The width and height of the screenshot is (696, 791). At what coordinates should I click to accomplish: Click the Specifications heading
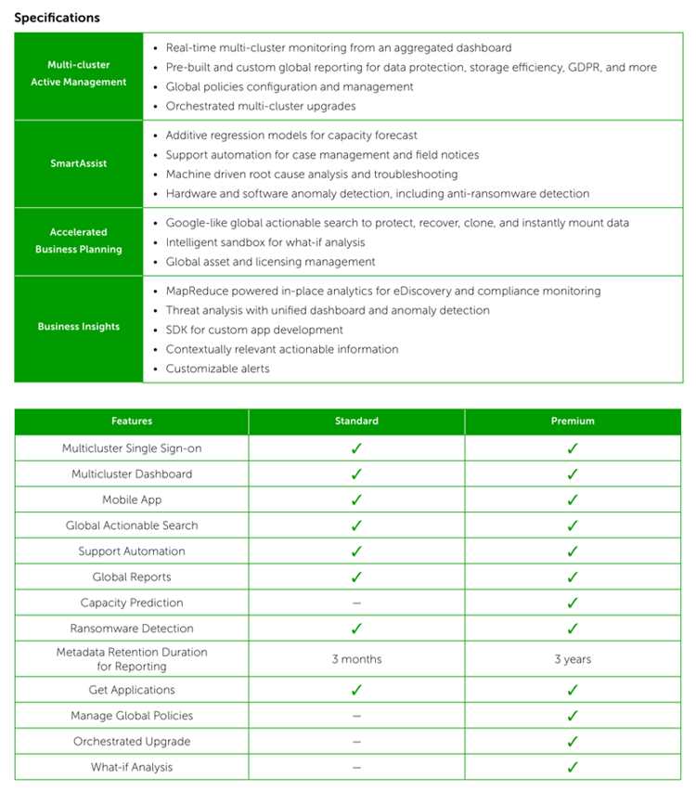coord(57,18)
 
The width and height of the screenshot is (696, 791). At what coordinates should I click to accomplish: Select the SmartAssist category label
coord(79,163)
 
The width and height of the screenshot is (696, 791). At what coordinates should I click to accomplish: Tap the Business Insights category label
coord(79,327)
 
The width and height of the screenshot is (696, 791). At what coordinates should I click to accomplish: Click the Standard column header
coord(356,421)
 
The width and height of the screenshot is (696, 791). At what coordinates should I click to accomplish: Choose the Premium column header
coord(573,421)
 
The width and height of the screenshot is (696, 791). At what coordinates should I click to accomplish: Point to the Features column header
coord(132,421)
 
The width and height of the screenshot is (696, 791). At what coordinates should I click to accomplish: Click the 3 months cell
coord(356,659)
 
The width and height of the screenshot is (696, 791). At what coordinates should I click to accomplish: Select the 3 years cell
coord(573,659)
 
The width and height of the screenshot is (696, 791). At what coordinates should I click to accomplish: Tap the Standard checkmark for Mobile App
coord(356,499)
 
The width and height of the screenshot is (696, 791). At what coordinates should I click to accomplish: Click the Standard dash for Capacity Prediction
coord(356,603)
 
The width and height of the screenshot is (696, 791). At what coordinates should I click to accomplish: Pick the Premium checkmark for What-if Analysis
coord(573,767)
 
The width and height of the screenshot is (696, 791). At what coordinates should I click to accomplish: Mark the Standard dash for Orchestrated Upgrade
coord(356,742)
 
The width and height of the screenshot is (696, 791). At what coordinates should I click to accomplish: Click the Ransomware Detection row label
coord(132,629)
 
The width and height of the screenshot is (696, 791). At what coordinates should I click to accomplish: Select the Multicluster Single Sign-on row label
coord(132,448)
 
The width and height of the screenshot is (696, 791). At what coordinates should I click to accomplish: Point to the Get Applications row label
coord(132,690)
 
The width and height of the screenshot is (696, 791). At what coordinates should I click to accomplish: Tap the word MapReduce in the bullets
coord(197,291)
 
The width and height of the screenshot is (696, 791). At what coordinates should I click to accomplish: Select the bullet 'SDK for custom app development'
coord(254,330)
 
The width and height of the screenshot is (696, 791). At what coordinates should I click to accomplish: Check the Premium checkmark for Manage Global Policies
coord(573,716)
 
